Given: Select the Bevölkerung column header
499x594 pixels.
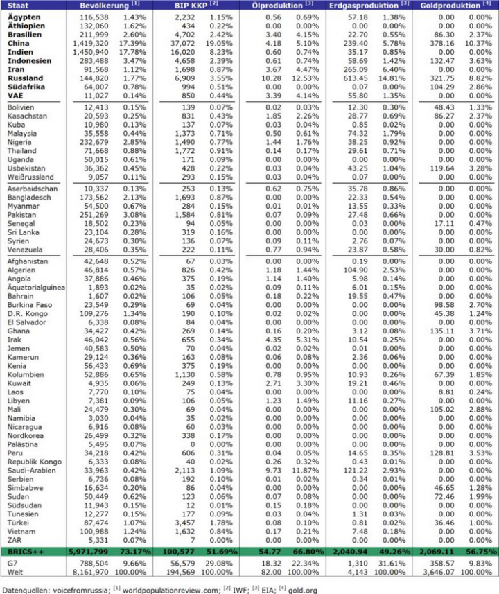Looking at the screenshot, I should point(100,5).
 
